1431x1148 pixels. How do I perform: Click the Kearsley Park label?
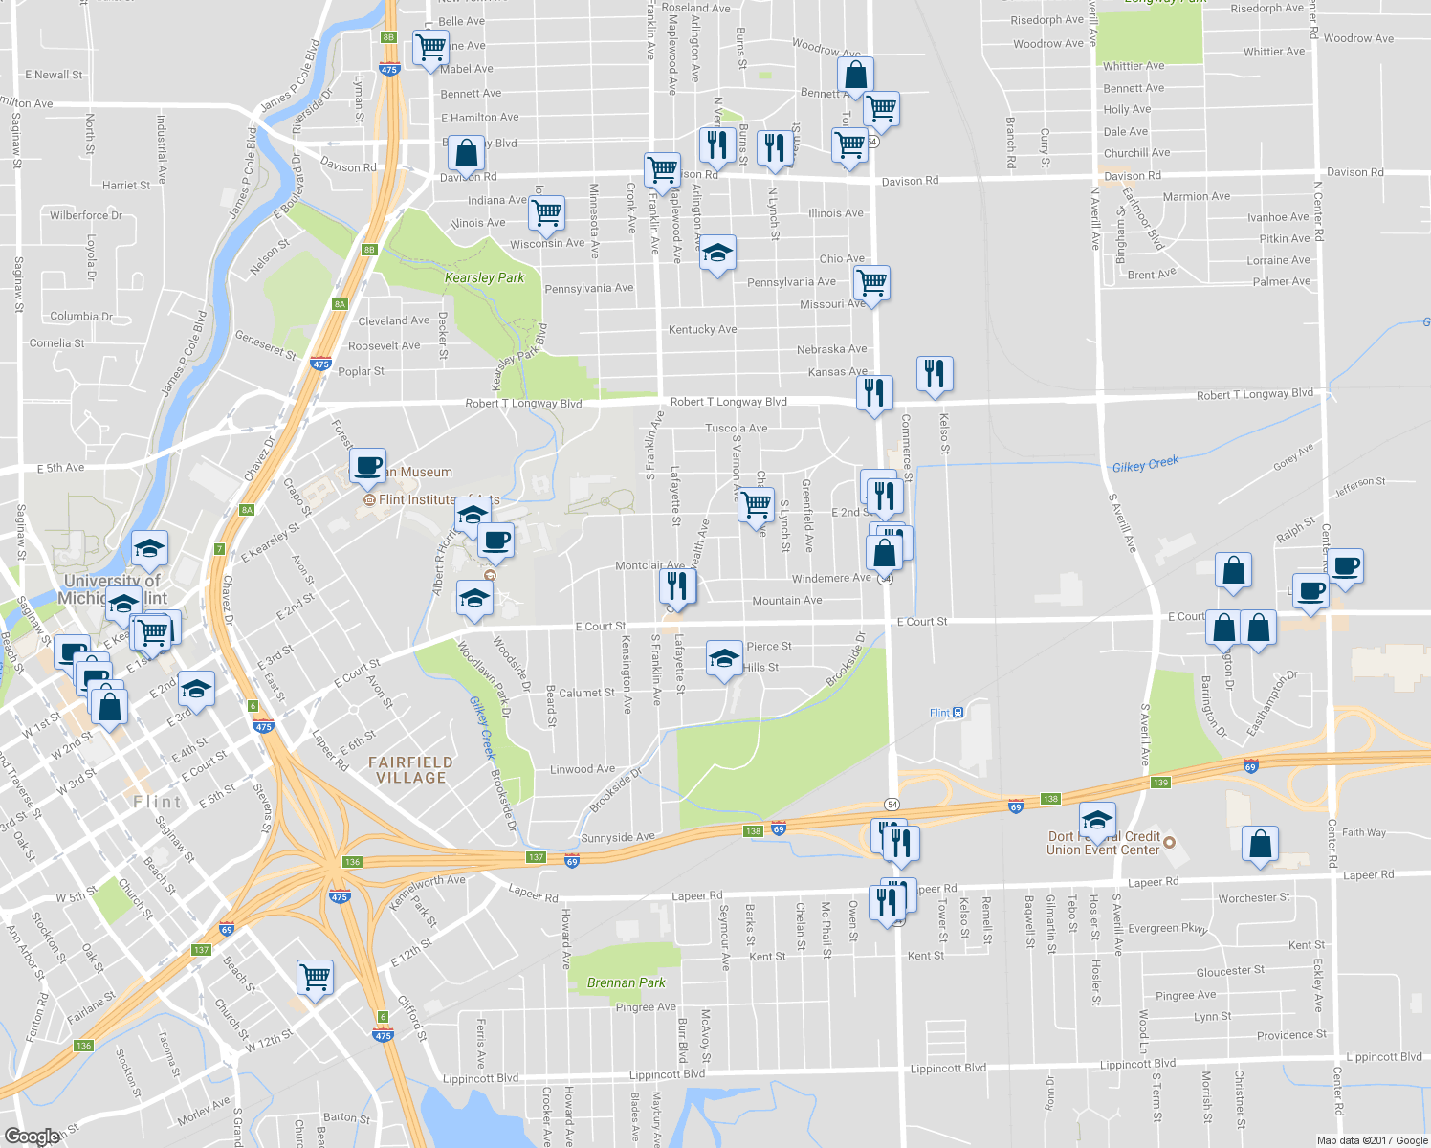[x=484, y=278]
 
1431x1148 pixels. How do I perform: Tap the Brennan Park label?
[x=626, y=982]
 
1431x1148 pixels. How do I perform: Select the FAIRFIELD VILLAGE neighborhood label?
[x=410, y=770]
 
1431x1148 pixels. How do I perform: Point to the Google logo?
[x=32, y=1137]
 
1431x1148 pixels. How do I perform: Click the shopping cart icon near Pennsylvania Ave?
[x=871, y=283]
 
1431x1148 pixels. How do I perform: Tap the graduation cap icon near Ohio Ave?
[x=716, y=254]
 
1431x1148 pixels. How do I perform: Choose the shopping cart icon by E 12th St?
[x=315, y=977]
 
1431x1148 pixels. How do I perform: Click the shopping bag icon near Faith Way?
[x=1260, y=844]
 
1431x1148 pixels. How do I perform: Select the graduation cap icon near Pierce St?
[x=724, y=658]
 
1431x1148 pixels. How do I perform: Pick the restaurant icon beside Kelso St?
[x=935, y=373]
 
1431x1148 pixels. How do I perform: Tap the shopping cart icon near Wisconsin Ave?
[x=546, y=213]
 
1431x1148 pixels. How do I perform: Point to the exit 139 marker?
[x=1160, y=783]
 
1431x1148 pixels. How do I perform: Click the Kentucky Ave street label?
[x=702, y=329]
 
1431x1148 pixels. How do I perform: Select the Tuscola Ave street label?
[x=736, y=429]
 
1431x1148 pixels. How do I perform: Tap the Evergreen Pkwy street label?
[x=1167, y=928]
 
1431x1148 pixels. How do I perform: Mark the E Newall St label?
[x=54, y=75]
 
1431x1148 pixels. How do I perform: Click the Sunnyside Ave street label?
[x=617, y=838]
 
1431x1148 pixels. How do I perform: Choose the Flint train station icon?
[x=958, y=713]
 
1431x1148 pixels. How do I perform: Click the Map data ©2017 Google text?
[x=1372, y=1140]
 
